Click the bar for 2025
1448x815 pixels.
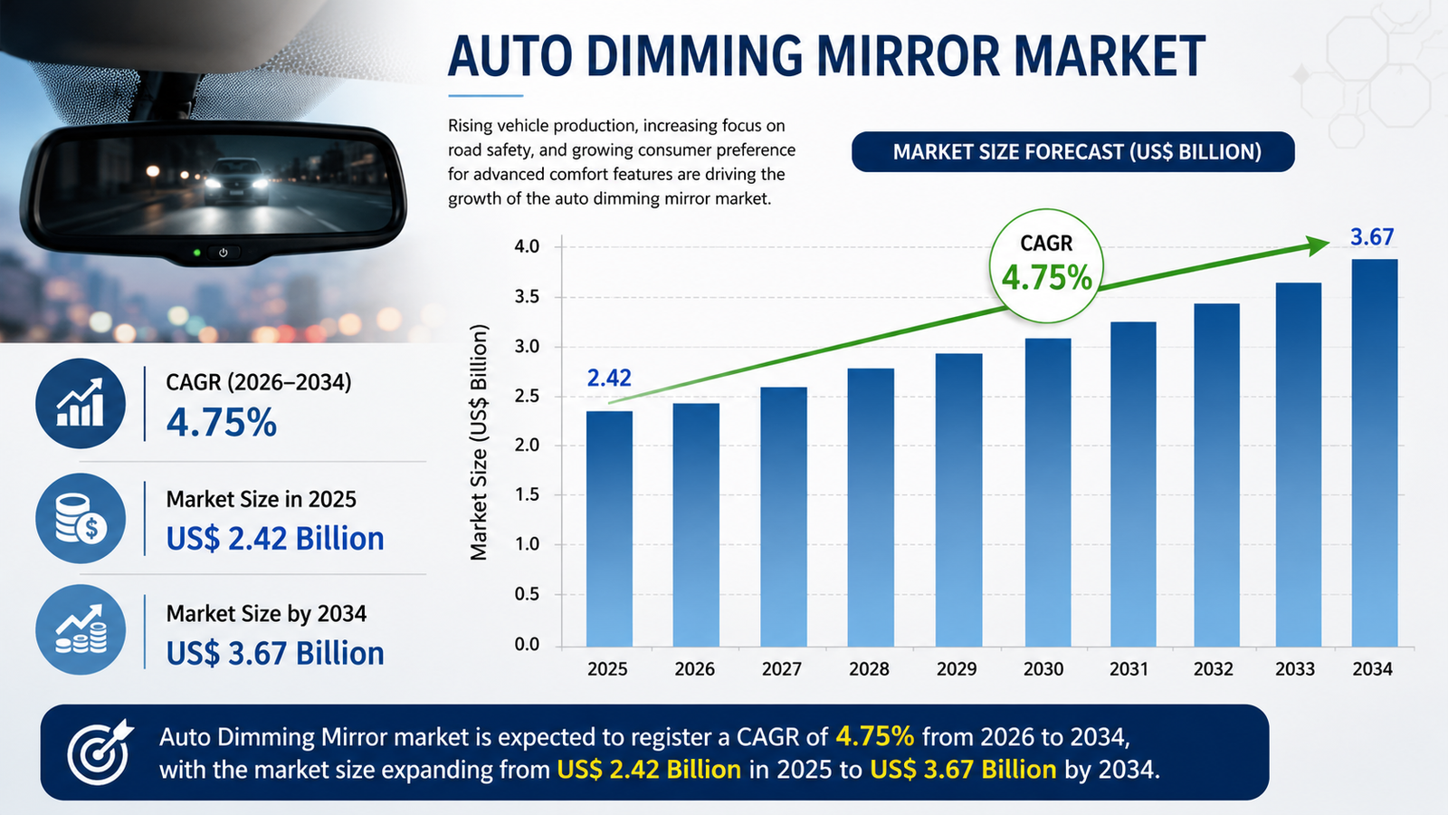(x=609, y=529)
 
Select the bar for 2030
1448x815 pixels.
(x=1048, y=493)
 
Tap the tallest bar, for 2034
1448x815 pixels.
(x=1375, y=453)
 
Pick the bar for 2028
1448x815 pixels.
(x=871, y=507)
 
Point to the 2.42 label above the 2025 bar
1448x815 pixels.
(x=609, y=378)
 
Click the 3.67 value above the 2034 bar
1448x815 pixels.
(x=1372, y=236)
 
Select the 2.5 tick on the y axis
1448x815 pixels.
(x=527, y=396)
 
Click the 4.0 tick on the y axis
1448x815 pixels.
(x=527, y=246)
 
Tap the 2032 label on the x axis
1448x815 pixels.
(x=1214, y=669)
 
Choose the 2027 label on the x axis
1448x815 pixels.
(x=782, y=669)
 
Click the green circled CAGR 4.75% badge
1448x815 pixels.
(x=1046, y=266)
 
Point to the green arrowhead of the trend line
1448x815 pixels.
(x=1318, y=245)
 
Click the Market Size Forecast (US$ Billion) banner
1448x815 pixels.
(x=1073, y=152)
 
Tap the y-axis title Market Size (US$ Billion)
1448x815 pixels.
(x=479, y=443)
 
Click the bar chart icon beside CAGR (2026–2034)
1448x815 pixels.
(x=81, y=404)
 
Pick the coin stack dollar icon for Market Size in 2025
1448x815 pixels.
(x=81, y=518)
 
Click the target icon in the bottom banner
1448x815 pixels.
(x=100, y=752)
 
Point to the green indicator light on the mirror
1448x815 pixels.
(x=197, y=253)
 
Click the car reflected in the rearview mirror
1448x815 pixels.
(x=237, y=181)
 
